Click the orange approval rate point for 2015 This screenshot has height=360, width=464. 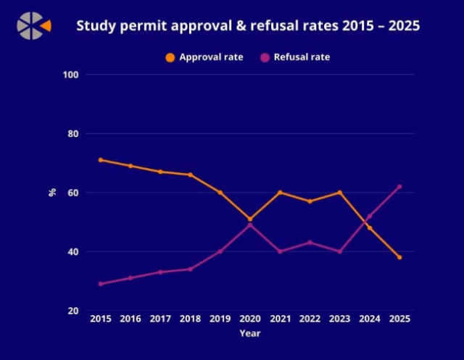[101, 160]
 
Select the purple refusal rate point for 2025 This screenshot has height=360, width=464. [399, 187]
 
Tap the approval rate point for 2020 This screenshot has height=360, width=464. [250, 219]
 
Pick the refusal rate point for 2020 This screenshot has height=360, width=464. [250, 225]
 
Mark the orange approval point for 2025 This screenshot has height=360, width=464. [399, 257]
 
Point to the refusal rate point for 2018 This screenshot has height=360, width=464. [190, 269]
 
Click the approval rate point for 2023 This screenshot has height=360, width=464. [339, 193]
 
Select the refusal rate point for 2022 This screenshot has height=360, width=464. [310, 243]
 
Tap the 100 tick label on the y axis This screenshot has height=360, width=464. [72, 75]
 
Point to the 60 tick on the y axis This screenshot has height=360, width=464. [74, 193]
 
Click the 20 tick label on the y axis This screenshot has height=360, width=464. [74, 311]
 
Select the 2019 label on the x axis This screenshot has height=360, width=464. [220, 319]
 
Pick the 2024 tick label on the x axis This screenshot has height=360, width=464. [369, 319]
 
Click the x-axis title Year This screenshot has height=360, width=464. [249, 334]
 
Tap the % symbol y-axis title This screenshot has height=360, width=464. [52, 193]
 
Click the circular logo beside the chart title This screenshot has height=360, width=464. [31, 25]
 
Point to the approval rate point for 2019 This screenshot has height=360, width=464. [220, 193]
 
